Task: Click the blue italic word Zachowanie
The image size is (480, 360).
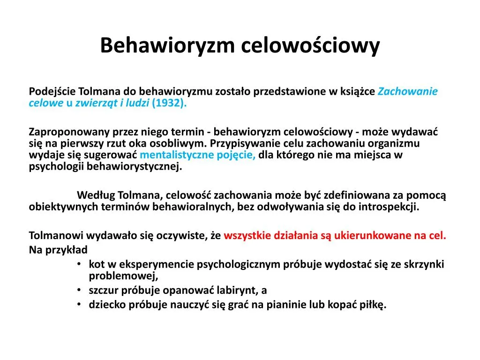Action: pos(408,91)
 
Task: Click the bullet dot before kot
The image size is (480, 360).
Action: pos(81,264)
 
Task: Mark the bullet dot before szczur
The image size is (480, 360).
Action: pos(81,290)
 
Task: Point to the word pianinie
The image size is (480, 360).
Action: pos(286,305)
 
